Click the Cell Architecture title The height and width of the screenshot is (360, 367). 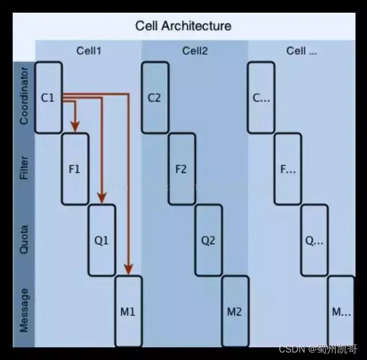[183, 26]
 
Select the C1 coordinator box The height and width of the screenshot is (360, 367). [48, 97]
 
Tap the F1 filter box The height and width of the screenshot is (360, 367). [75, 169]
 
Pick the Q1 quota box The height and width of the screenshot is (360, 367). [101, 241]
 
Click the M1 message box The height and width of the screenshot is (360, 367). [128, 312]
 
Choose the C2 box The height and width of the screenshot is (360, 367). [154, 97]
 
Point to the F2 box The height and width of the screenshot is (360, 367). [181, 169]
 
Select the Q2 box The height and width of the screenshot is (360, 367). [208, 241]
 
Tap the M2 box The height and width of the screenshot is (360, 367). [234, 312]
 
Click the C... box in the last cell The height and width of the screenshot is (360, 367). [261, 97]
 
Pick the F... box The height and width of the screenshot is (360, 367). [287, 169]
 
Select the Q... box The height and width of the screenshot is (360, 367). [314, 241]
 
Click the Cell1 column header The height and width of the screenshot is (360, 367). [89, 51]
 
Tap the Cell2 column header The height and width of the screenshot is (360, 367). [195, 51]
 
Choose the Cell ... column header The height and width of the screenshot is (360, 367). [301, 51]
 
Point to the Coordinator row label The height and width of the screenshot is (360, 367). [24, 96]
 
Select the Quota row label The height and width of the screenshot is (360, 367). [24, 239]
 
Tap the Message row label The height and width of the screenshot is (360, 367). [24, 310]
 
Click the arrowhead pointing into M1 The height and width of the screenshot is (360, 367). [128, 269]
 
